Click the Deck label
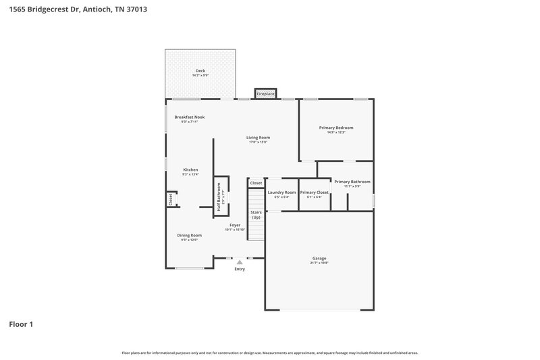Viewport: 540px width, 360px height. point(200,71)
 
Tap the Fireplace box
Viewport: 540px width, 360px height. point(265,94)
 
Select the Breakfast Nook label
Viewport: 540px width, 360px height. point(189,117)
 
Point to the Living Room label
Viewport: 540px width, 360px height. point(259,138)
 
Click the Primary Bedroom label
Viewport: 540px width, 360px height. point(335,128)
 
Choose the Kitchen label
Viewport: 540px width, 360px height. point(190,170)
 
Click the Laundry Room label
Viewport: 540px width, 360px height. point(281,192)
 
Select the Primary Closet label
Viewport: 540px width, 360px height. point(314,192)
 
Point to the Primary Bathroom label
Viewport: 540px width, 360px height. point(352,182)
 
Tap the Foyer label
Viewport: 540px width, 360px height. point(235,225)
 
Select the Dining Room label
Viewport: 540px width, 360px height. point(190,235)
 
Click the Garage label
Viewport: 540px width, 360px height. point(319,258)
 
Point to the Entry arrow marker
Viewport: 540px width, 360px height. point(239,261)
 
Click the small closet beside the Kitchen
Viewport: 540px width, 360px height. point(171,200)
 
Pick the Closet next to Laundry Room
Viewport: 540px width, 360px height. point(256,183)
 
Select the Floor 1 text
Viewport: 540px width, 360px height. point(21,324)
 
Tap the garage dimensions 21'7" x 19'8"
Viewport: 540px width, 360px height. point(319,263)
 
